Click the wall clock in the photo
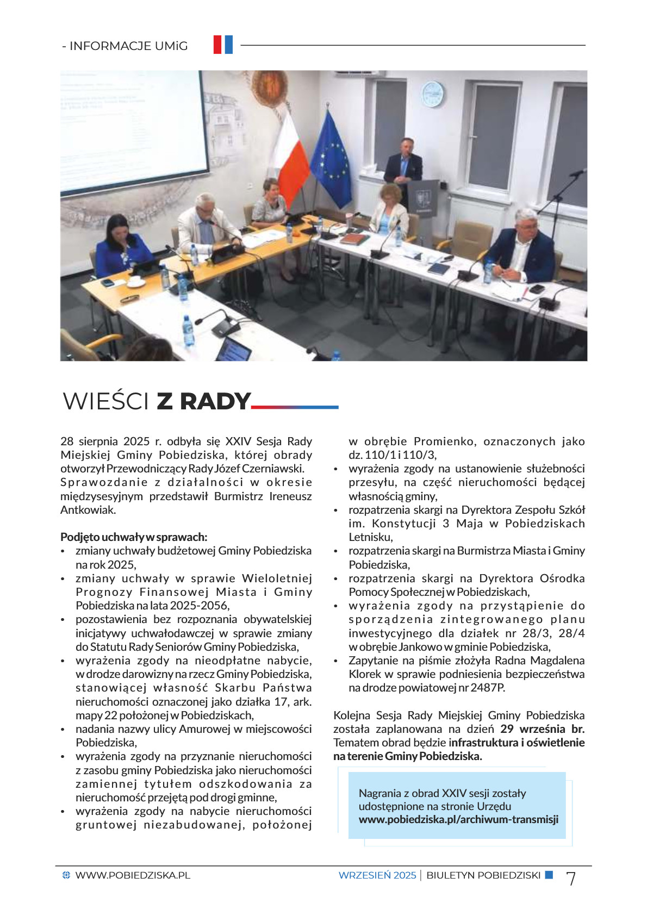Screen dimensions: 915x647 [x=433, y=94]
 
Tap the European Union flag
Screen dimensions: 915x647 [x=331, y=160]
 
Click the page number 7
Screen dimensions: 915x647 [x=571, y=878]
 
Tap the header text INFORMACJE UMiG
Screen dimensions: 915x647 [x=128, y=46]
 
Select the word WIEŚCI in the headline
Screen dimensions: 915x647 [x=106, y=401]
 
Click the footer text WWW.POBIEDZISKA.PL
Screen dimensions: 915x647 [x=133, y=875]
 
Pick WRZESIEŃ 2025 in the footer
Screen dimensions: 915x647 [x=377, y=875]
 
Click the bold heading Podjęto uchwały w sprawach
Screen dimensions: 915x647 [x=134, y=537]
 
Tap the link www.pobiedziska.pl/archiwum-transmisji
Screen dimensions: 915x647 [x=458, y=819]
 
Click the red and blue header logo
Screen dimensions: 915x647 [x=223, y=45]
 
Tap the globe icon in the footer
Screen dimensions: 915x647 [x=66, y=875]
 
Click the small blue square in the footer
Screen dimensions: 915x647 [x=549, y=875]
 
